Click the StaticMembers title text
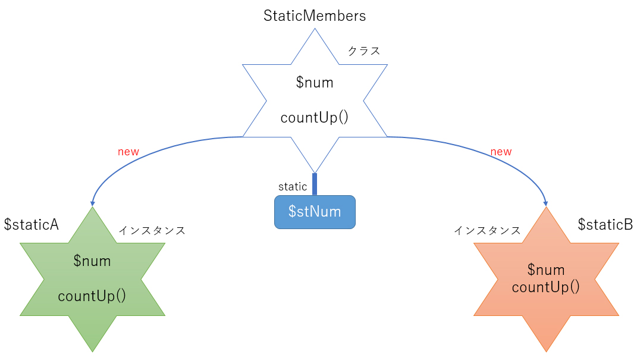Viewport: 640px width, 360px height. (x=315, y=15)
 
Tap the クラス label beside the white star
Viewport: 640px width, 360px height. (x=363, y=51)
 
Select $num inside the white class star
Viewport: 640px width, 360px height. (x=315, y=83)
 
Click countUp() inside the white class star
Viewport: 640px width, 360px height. (x=314, y=117)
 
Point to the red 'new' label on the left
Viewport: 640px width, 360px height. (x=128, y=152)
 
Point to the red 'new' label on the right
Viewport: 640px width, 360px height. (x=501, y=152)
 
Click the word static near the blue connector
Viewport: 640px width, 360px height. (x=293, y=187)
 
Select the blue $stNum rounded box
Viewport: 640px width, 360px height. (x=315, y=212)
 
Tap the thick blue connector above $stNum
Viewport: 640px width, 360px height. (x=315, y=184)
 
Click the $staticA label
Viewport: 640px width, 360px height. (x=31, y=224)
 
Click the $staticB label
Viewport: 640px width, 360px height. (x=605, y=224)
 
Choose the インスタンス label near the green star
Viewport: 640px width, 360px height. (x=152, y=230)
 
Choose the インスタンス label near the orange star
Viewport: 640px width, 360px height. (x=487, y=230)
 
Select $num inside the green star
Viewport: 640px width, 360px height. (x=92, y=261)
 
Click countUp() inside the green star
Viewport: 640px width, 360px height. (x=92, y=296)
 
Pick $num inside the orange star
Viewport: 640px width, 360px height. (x=546, y=271)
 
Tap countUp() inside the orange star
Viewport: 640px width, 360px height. (x=545, y=287)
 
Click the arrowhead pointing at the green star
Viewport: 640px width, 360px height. (x=93, y=203)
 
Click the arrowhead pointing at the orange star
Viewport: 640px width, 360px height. (x=546, y=203)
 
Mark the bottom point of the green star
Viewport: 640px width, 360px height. (x=93, y=350)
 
